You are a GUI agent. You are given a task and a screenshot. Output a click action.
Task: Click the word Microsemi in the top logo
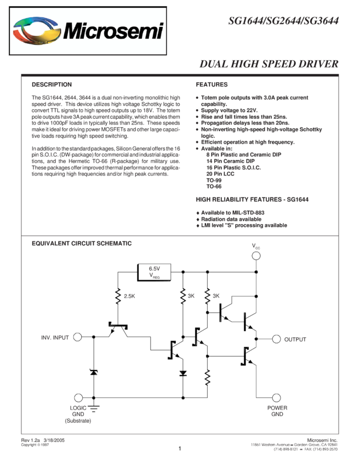(x=113, y=31)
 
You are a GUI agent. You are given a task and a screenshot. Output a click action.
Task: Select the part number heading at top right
(x=283, y=21)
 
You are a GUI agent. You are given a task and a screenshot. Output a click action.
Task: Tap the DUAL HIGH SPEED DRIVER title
(x=268, y=64)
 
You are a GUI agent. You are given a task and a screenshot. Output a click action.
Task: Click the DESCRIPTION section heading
(x=52, y=85)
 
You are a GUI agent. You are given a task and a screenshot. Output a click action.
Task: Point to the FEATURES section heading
(x=212, y=85)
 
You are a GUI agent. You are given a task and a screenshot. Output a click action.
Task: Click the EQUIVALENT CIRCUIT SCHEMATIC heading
(x=82, y=243)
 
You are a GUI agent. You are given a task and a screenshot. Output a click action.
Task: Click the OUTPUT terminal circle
(x=276, y=339)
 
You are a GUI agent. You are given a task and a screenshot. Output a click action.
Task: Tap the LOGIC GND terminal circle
(x=77, y=397)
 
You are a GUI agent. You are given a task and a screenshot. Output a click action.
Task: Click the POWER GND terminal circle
(x=276, y=397)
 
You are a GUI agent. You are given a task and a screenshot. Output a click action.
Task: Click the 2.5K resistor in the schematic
(x=117, y=297)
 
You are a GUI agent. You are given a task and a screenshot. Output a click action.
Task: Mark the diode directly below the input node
(x=93, y=372)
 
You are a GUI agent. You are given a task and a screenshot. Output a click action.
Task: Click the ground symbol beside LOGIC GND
(x=93, y=407)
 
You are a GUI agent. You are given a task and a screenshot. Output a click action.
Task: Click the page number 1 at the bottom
(x=179, y=448)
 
